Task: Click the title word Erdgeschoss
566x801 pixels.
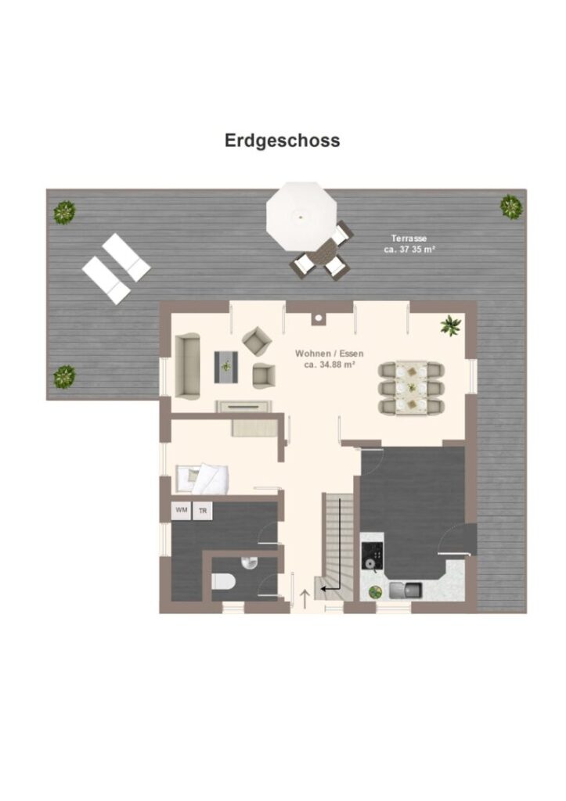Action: pos(282,141)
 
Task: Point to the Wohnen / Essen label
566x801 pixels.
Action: pos(329,354)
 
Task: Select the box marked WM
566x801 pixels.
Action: pos(182,511)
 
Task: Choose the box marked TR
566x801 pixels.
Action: pos(204,511)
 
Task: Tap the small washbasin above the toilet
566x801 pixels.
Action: pos(250,560)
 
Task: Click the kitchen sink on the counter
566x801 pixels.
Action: pos(405,589)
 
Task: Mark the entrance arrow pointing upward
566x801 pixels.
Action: pos(305,599)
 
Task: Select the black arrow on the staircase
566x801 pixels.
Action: pos(332,585)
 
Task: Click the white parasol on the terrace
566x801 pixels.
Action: pos(301,216)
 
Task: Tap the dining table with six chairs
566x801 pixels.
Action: pos(410,387)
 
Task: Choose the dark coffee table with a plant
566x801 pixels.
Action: pos(227,366)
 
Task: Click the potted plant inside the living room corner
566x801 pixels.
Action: pos(450,325)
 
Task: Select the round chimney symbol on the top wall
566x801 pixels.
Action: pos(319,318)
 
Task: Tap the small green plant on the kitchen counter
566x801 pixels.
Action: pos(375,591)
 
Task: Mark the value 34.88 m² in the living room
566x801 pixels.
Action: pos(329,364)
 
